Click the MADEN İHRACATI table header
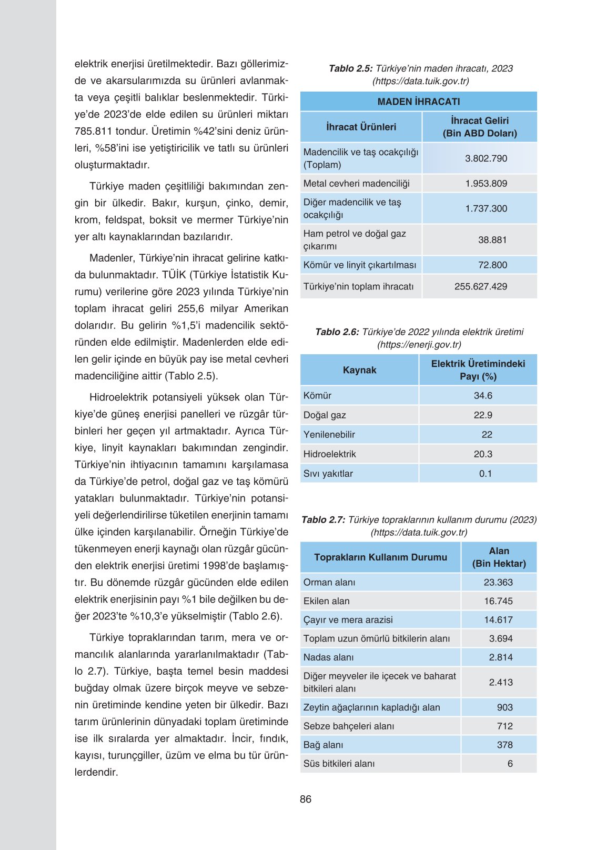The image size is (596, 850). pos(419,102)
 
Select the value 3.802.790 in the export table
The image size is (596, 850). pos(486,158)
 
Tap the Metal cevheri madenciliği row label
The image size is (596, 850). pos(356,184)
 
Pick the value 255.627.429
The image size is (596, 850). pos(481,287)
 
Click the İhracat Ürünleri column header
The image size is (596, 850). pos(361,127)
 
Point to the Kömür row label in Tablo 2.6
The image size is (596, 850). pos(317,396)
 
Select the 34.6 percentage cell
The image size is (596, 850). pos(483,396)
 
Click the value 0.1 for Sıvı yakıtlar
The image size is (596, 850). pos(485,474)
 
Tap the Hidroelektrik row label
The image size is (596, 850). pos(329,454)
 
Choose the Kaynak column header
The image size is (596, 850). pos(359,370)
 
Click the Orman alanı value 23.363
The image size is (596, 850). pos(498,583)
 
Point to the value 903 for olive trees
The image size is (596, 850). pos(504,707)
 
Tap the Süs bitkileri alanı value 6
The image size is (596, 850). pos(510,764)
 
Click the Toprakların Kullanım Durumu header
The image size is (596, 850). pos(380,557)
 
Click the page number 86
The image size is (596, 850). pos(306,799)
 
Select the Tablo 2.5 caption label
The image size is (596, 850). pos(350,68)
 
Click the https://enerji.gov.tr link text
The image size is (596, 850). pos(419,345)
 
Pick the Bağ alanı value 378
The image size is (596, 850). pos(504,745)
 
